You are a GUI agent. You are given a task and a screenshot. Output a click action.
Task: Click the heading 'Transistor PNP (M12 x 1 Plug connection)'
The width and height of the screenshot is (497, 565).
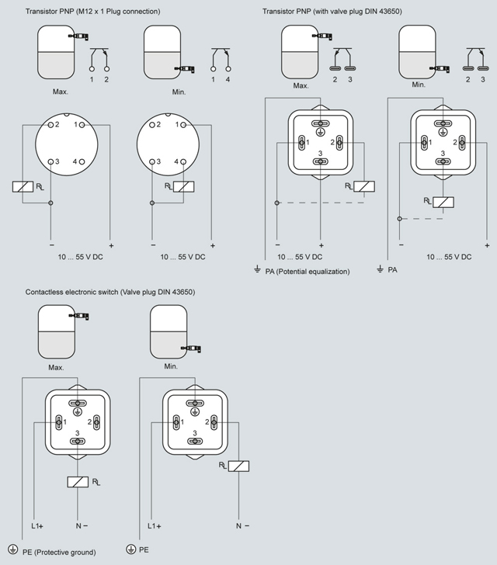[x=92, y=12]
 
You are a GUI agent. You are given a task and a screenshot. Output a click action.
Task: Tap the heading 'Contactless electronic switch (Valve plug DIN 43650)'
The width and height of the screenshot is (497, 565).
[x=109, y=293]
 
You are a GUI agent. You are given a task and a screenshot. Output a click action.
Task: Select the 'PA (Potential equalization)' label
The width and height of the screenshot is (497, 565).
[x=307, y=271]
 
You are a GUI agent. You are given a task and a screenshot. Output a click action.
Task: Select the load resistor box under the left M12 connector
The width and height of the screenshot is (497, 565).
[x=23, y=186]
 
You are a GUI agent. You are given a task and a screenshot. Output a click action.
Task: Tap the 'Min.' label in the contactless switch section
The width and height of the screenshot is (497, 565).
[x=172, y=366]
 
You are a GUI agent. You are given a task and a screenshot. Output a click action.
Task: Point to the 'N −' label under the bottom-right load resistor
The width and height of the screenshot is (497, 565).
[x=242, y=525]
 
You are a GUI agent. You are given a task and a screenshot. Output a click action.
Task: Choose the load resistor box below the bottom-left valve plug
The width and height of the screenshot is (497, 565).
[x=78, y=482]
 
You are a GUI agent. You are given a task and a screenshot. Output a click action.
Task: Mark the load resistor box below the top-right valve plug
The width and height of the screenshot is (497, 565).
[x=442, y=202]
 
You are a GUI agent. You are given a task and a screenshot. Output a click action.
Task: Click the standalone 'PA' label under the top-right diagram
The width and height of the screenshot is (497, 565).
[x=392, y=269]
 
